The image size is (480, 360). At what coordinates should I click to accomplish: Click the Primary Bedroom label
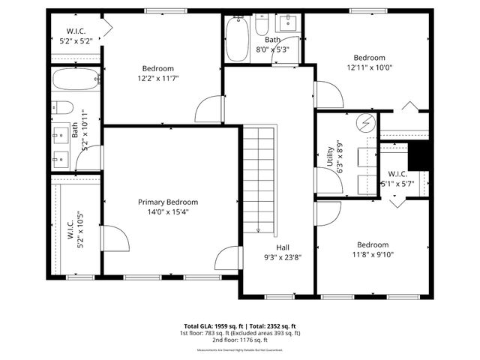pos(167,202)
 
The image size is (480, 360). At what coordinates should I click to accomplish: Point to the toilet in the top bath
pos(261,25)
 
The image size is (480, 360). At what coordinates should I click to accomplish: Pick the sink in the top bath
pos(290,23)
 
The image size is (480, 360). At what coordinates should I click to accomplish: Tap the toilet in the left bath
pos(63,106)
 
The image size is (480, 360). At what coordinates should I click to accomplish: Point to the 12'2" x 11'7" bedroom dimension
pos(157,78)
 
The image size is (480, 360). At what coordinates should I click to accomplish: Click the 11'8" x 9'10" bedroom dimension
pos(372,254)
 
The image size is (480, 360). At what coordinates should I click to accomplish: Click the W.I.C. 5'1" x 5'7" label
pos(397,178)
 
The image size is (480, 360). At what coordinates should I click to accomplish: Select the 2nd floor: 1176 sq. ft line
pos(240,340)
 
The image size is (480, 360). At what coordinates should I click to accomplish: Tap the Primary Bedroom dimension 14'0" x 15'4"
pos(167,212)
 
